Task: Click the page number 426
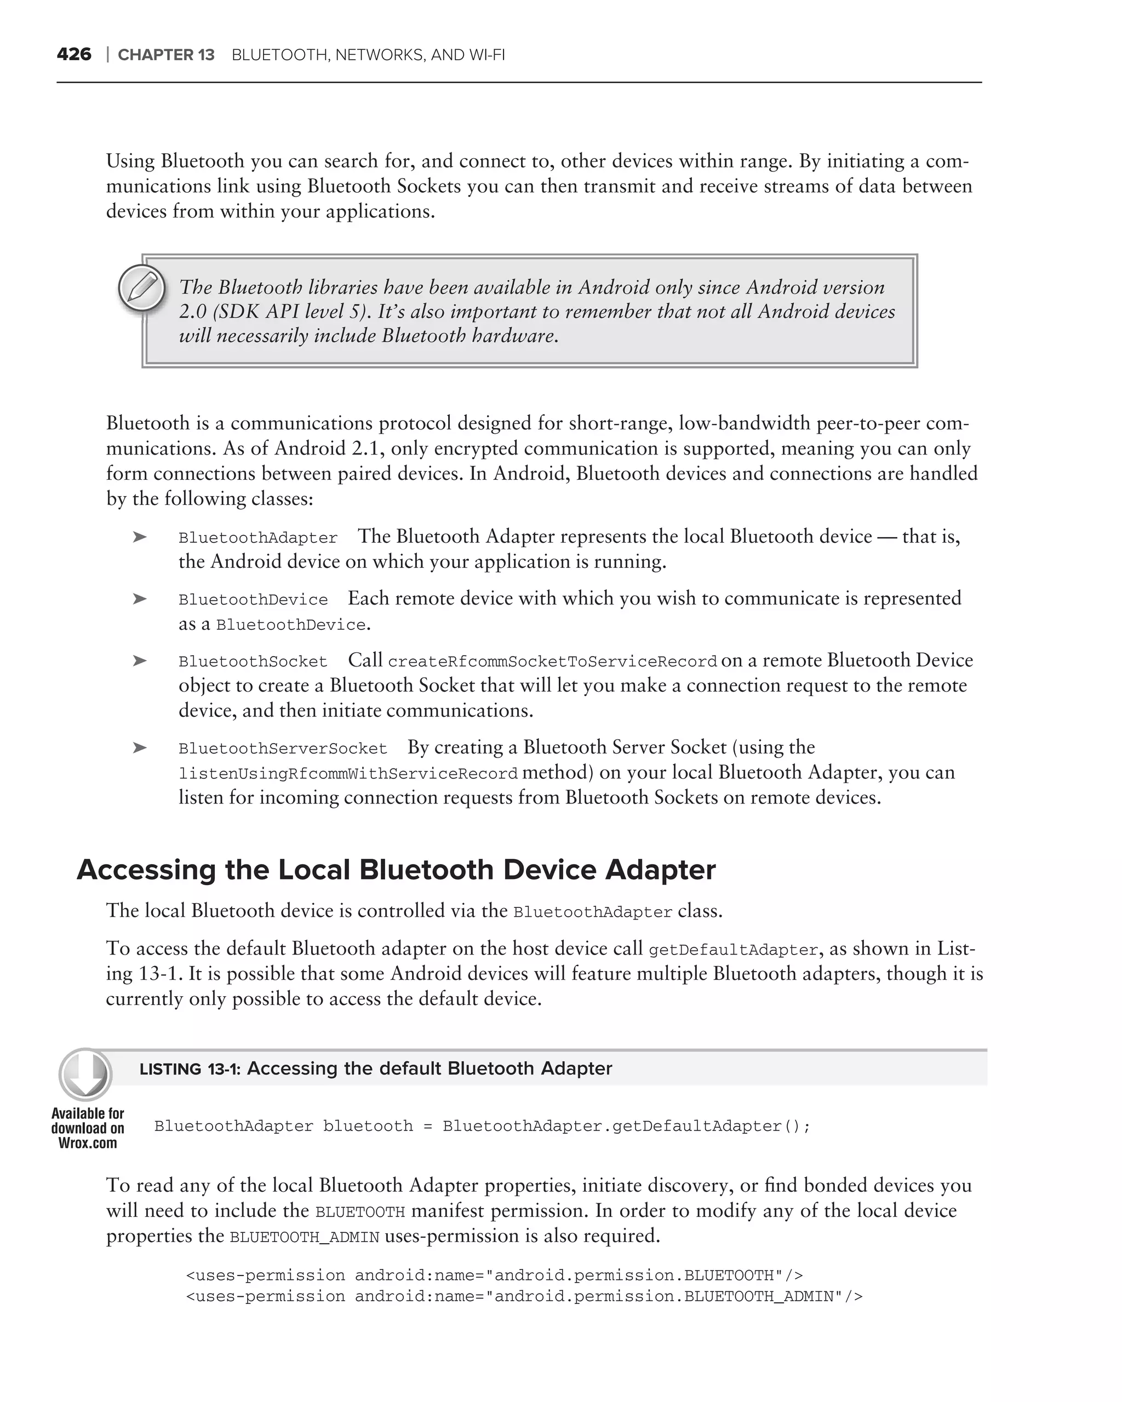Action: [x=73, y=55]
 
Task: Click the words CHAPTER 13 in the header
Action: [x=166, y=55]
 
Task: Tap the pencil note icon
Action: [x=141, y=288]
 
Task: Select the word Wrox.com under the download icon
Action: [x=87, y=1142]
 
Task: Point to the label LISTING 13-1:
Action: [x=190, y=1069]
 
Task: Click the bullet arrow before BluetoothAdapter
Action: [x=139, y=537]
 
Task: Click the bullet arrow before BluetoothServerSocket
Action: [x=139, y=748]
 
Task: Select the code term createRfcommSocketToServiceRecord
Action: [x=552, y=662]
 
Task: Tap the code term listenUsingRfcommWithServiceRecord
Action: [x=348, y=774]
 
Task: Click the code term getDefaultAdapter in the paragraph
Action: [x=733, y=950]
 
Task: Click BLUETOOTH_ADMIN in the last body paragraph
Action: [x=305, y=1237]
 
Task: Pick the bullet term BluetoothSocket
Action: [x=253, y=662]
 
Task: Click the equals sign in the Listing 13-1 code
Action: [x=427, y=1127]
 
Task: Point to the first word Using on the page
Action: [x=130, y=161]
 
